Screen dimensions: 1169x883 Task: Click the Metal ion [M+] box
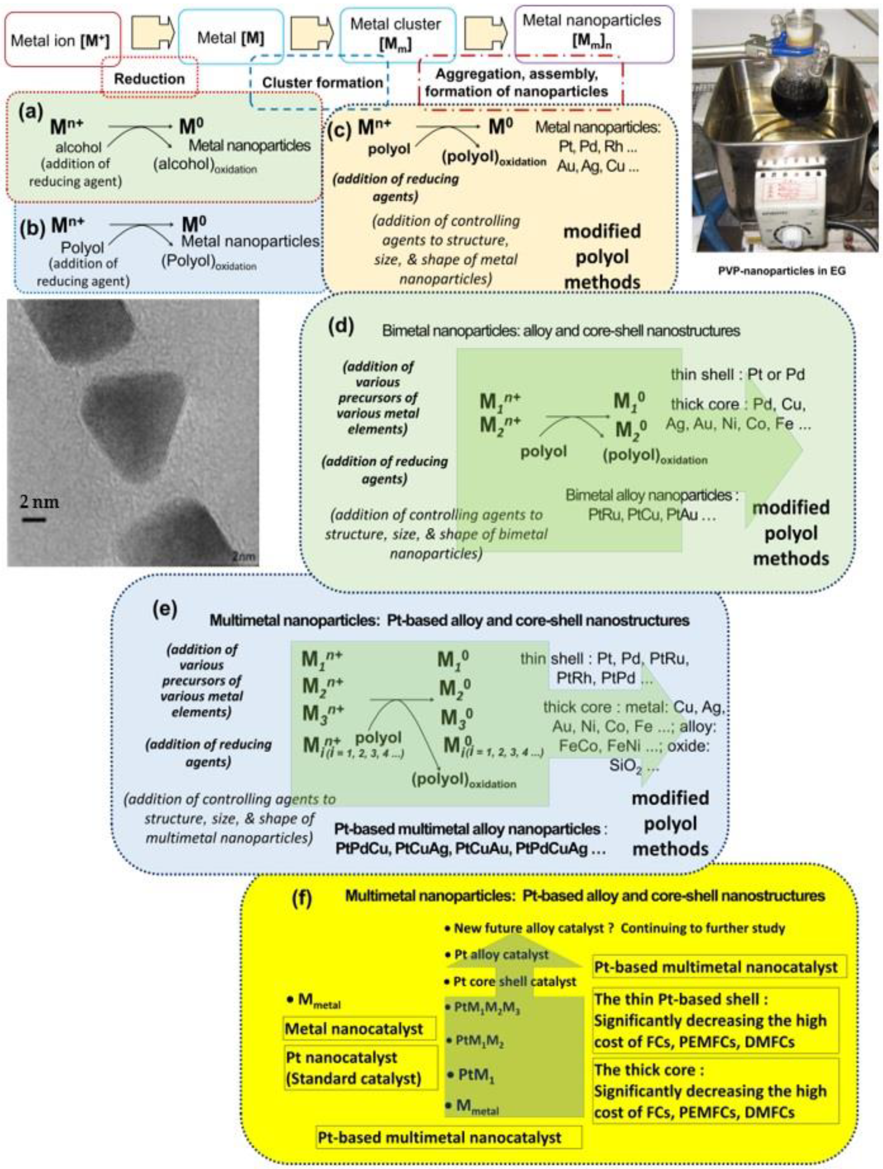(62, 40)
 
